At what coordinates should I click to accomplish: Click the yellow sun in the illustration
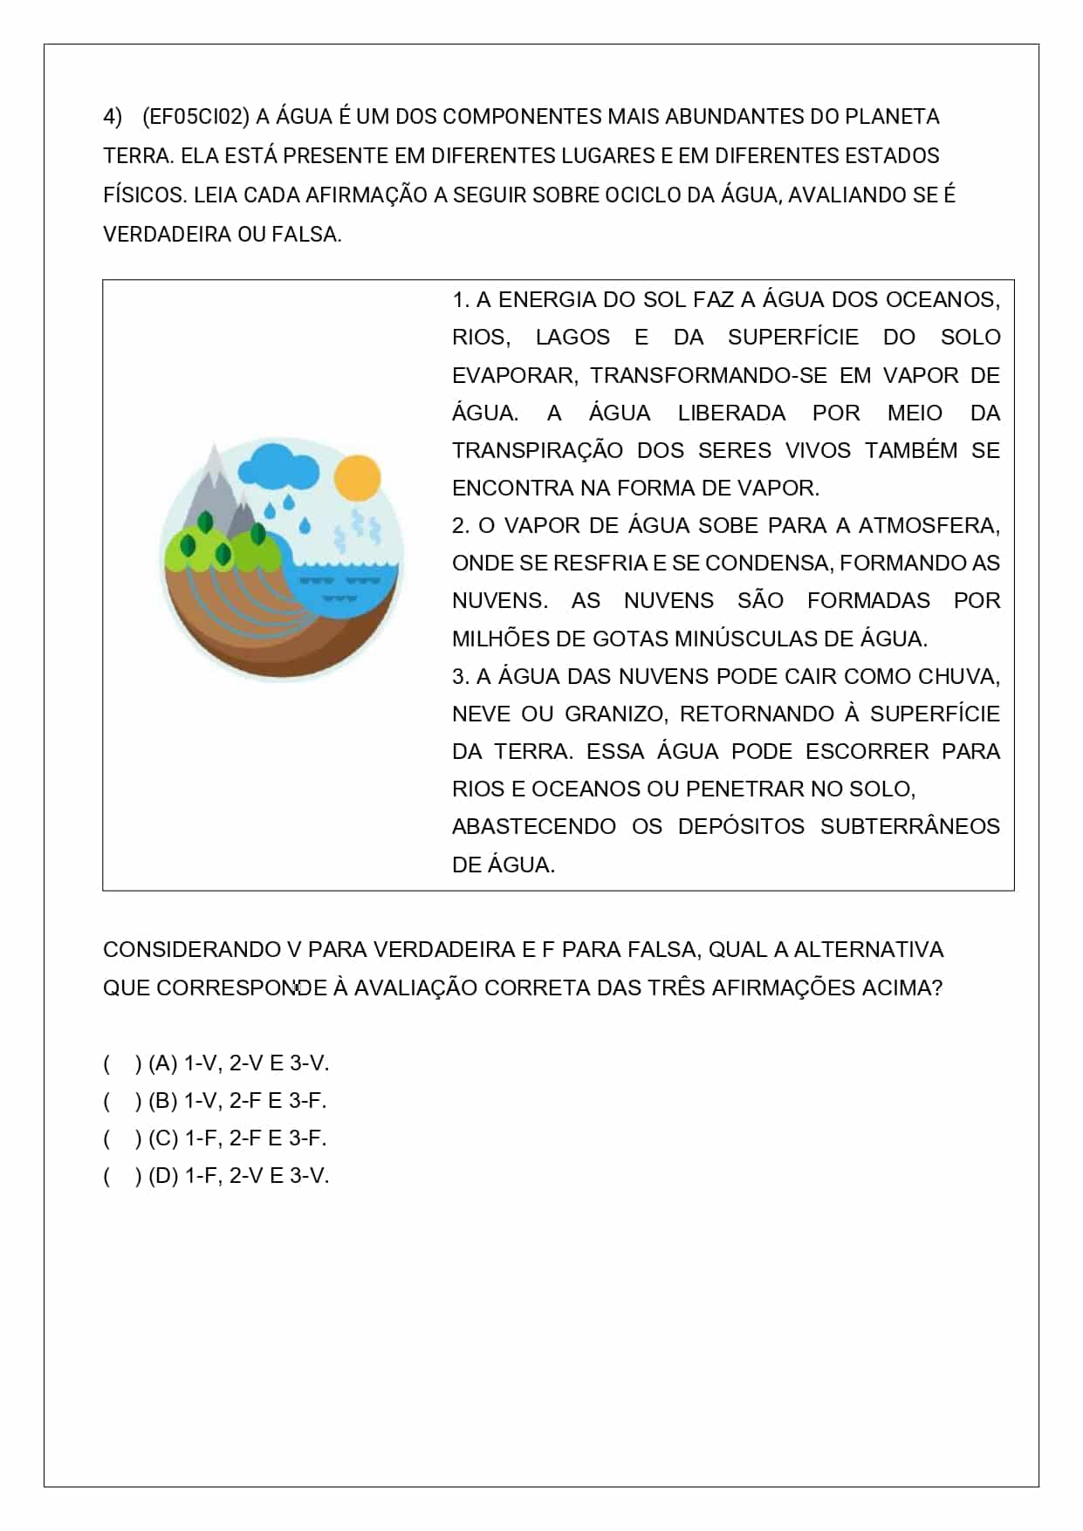click(x=358, y=478)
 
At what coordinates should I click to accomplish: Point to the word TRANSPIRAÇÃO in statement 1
click(x=538, y=451)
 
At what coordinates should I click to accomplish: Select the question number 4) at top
click(x=113, y=117)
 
